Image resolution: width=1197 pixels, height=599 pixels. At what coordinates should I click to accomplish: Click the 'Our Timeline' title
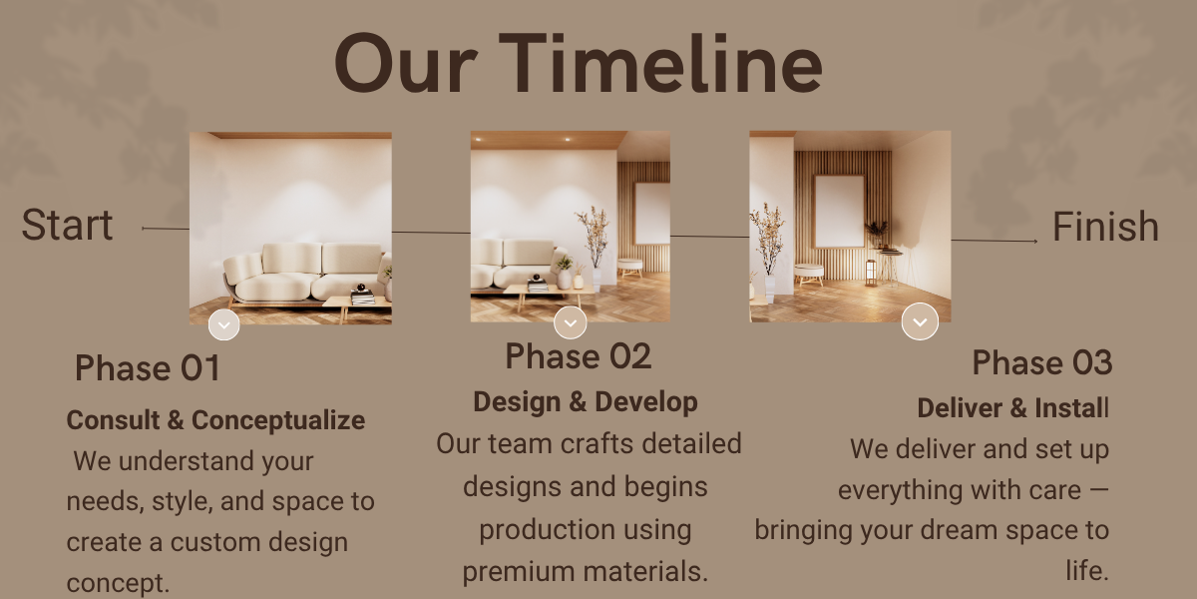tap(579, 64)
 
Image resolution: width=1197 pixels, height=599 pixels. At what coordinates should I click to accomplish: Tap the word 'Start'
tap(68, 225)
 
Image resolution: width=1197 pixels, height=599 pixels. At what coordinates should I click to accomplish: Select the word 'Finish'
tap(1105, 227)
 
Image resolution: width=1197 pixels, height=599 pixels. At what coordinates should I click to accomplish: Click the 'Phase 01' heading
tap(148, 368)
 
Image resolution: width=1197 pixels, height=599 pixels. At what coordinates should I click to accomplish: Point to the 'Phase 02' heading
tap(579, 356)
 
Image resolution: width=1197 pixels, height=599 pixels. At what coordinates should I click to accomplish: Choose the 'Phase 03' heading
tap(1042, 362)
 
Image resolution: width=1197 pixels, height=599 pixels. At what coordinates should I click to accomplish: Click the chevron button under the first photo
tap(223, 324)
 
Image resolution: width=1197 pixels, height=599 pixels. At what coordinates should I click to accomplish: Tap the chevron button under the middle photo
tap(571, 322)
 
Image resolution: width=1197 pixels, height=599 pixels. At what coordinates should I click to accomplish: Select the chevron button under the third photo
tap(920, 321)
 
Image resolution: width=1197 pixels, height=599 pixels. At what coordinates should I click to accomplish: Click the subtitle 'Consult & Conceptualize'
tap(215, 420)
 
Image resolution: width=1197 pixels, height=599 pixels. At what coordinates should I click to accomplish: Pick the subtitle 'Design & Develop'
tap(586, 401)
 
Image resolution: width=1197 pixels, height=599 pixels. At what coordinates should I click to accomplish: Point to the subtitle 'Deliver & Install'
tap(1013, 408)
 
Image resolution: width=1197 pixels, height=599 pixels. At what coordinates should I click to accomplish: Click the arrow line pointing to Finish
tap(995, 241)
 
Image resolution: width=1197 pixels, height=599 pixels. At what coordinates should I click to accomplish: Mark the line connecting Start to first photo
tap(166, 229)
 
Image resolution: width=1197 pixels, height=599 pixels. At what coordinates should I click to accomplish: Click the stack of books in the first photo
tap(363, 297)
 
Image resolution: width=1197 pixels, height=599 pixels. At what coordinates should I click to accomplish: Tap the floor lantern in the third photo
tap(871, 273)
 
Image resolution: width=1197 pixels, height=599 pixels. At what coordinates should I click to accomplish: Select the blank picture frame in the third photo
tap(839, 211)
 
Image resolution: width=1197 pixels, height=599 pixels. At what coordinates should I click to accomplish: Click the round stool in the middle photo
tap(630, 268)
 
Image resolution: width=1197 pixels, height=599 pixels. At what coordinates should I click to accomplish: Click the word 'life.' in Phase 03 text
tap(1087, 570)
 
